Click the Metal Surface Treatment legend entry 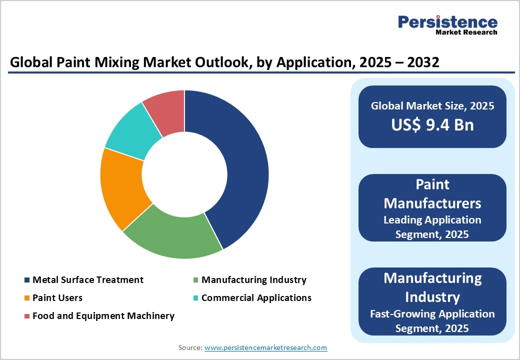(87, 280)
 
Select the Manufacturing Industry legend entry (253, 280)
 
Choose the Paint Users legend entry (57, 298)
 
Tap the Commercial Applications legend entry (256, 298)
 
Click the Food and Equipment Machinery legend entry (103, 316)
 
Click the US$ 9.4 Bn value (432, 124)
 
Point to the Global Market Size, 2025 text (432, 106)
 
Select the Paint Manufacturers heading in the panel (432, 194)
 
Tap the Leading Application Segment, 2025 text (432, 226)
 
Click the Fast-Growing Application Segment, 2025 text (432, 321)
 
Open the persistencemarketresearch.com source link (266, 347)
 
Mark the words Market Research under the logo (466, 32)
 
